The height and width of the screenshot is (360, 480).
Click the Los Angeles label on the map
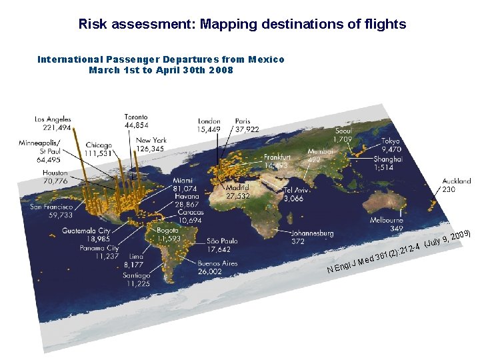pos(53,120)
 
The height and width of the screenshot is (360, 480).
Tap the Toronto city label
pos(137,117)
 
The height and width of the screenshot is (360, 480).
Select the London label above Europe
pos(209,121)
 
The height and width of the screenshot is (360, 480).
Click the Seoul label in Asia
pos(343,131)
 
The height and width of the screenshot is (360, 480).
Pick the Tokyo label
pos(391,141)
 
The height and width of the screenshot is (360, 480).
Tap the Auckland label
pos(457,181)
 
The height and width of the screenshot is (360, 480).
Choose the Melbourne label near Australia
pos(387,220)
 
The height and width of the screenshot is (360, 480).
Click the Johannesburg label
pos(312,234)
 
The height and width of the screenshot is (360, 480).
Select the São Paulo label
pos(223,241)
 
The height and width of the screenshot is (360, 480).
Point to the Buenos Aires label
pos(217,263)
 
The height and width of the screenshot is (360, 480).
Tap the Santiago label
pos(137,275)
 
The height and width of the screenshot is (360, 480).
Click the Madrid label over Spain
pos(237,189)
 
